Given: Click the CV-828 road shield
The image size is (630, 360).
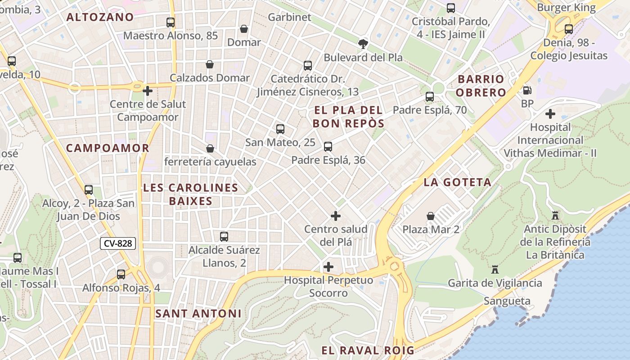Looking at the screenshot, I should tap(117, 243).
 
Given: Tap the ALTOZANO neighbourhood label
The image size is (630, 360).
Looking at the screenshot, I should tap(100, 18).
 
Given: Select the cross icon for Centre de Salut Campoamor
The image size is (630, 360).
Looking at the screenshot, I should tap(148, 91).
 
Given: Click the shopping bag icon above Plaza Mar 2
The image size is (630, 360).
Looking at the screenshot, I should tap(431, 216).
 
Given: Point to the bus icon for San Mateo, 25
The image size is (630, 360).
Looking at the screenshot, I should tap(280, 129).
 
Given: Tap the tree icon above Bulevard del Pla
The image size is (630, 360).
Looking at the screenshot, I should tap(363, 44).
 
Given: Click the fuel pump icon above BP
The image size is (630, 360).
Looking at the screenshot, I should tap(526, 90).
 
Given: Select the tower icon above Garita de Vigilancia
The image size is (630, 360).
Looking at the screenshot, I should tap(495, 270).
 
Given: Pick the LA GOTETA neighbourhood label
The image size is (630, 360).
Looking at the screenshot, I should tap(457, 182).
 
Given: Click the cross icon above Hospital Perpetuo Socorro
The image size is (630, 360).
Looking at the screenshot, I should tap(328, 267).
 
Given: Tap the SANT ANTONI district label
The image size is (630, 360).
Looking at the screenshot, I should tap(198, 314).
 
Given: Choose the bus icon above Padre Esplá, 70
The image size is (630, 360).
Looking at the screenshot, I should tap(430, 97).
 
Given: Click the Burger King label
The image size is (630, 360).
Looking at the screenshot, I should tap(566, 8).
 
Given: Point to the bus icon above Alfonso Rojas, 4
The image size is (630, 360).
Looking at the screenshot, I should tap(121, 274).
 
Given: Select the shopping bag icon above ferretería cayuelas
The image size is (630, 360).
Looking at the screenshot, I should tap(210, 148).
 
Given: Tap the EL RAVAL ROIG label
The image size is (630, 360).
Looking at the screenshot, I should tap(368, 350).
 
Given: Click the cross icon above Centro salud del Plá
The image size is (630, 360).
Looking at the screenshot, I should tap(336, 216).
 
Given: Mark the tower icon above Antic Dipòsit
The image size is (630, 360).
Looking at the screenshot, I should tap(555, 216).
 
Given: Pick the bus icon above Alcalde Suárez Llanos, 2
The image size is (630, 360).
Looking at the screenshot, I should tap(224, 236).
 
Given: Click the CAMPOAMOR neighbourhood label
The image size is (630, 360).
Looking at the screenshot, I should tap(108, 148).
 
